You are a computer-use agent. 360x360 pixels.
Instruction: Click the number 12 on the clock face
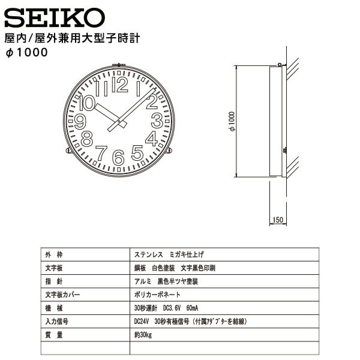point(119,87)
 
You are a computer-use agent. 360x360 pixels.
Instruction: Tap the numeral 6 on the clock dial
point(119,157)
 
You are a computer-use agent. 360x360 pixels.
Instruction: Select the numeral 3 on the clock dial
point(158,121)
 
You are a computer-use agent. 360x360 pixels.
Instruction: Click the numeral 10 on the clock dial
point(88,103)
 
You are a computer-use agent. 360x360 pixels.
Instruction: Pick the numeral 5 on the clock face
point(137,153)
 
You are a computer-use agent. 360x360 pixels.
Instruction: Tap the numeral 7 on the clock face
point(101,153)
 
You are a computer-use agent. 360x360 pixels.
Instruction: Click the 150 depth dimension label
point(277,220)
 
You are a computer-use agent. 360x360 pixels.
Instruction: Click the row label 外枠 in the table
point(52,254)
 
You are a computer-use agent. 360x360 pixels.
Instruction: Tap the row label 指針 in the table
point(52,281)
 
